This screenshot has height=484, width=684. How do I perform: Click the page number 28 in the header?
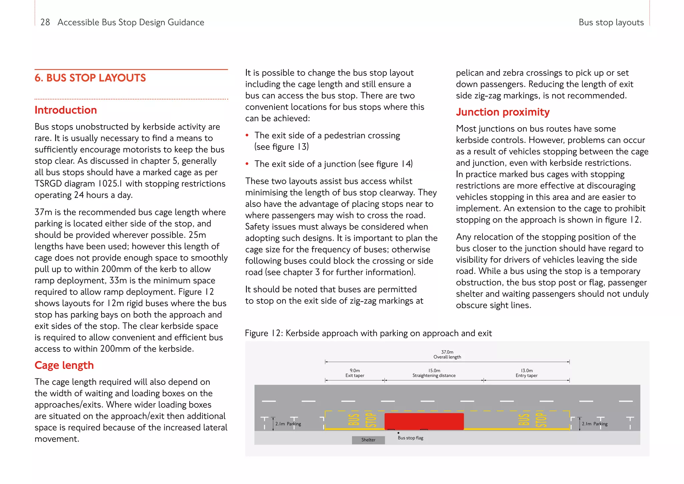45,22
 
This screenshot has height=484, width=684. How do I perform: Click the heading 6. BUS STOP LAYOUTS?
90,78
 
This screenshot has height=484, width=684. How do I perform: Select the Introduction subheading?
66,110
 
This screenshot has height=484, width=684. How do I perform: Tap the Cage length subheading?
64,365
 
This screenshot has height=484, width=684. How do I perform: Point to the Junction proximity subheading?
503,112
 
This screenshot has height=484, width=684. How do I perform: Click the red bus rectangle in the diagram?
424,421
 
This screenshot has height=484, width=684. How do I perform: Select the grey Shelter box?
368,440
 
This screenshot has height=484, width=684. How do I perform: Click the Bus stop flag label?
410,438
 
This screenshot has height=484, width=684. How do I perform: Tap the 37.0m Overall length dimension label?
447,354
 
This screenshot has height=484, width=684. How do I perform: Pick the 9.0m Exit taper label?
355,373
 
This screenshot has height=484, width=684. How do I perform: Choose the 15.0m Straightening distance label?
434,373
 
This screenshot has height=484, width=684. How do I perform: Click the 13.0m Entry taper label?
526,373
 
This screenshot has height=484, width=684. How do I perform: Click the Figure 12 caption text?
368,333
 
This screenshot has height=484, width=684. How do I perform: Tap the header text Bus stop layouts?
611,22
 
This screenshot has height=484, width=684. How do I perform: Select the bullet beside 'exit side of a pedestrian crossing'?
247,135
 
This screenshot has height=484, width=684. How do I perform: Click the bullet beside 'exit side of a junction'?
247,164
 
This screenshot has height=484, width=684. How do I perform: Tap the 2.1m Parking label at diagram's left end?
288,424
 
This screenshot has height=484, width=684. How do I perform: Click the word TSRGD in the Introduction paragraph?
48,184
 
